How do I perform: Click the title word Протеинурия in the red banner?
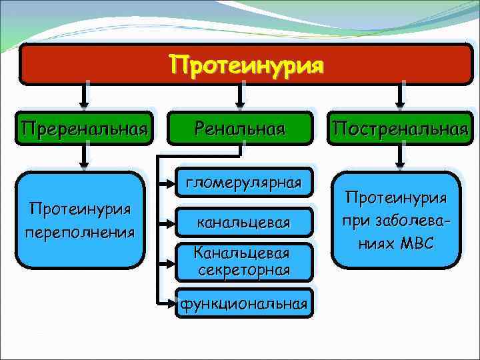pos(246,65)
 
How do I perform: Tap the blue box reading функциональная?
pos(243,304)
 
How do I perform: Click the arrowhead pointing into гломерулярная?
pos(167,182)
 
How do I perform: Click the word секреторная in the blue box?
pos(243,269)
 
